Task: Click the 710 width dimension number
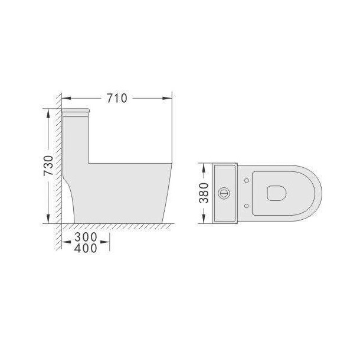pyautogui.click(x=117, y=98)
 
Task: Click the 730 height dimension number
pyautogui.click(x=48, y=165)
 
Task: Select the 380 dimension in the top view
pyautogui.click(x=204, y=193)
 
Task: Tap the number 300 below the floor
pyautogui.click(x=86, y=237)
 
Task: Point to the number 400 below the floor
pyautogui.click(x=86, y=248)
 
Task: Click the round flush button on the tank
pyautogui.click(x=223, y=193)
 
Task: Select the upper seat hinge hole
pyautogui.click(x=246, y=181)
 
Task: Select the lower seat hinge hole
pyautogui.click(x=246, y=206)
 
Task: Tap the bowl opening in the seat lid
pyautogui.click(x=277, y=193)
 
